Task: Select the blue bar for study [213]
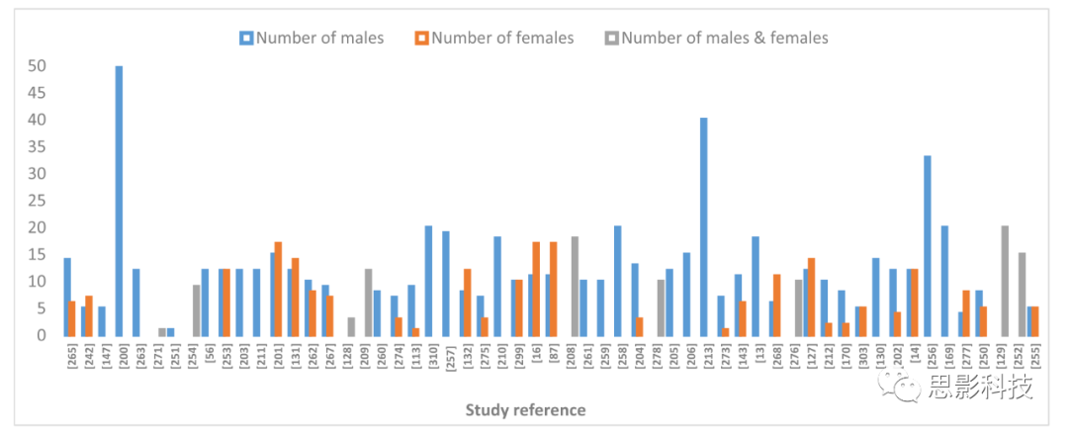(704, 226)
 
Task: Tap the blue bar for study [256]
(928, 245)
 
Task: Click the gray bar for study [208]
(575, 286)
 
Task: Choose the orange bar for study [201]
(278, 289)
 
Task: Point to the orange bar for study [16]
(536, 289)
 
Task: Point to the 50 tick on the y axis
(40, 66)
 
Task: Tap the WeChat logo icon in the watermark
(908, 387)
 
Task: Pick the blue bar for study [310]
(428, 281)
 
